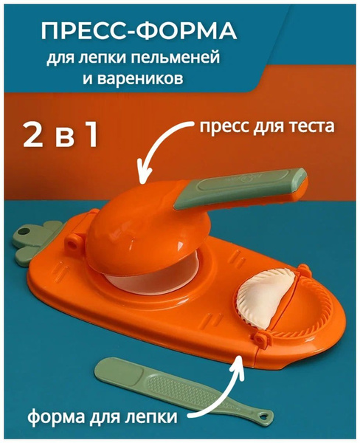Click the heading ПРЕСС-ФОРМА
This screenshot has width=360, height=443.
coord(139,31)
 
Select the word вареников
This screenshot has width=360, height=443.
coord(139,79)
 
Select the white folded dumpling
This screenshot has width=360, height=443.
coord(264,300)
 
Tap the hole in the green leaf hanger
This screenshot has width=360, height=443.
coord(23,233)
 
